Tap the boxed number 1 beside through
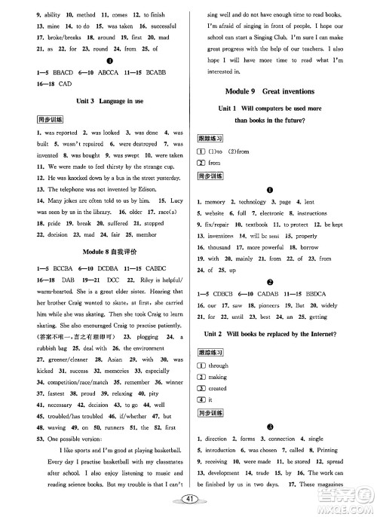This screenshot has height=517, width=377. [x=201, y=366]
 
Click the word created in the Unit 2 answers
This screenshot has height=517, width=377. [x=218, y=388]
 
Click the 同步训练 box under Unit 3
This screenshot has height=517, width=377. [x=29, y=119]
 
